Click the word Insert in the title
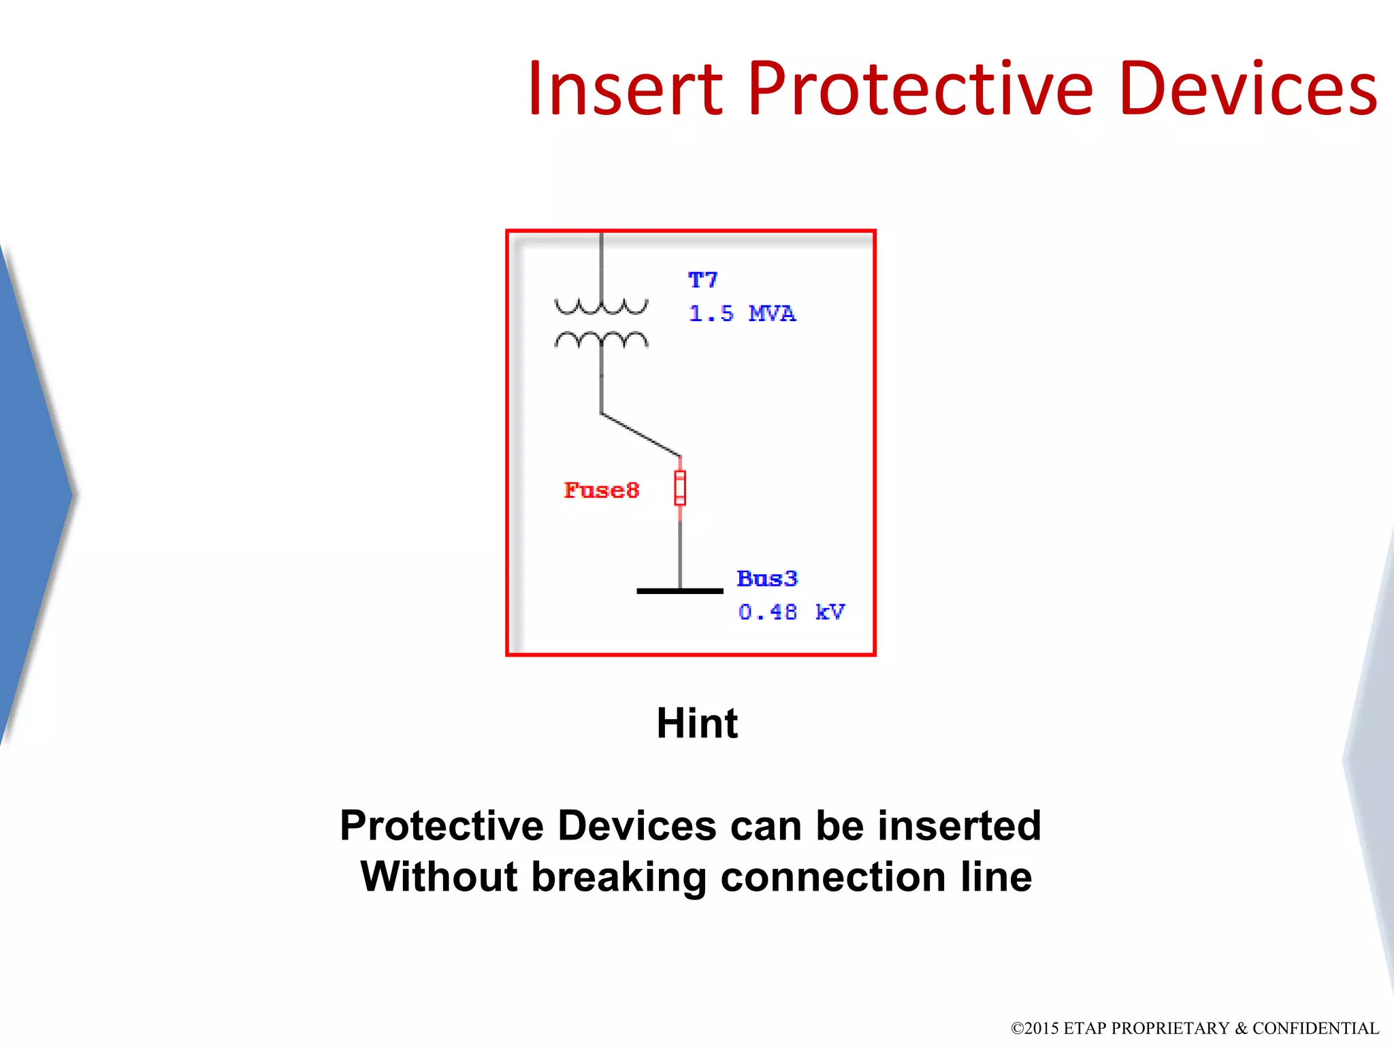tap(624, 89)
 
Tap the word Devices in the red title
tap(1247, 89)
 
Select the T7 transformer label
tap(702, 280)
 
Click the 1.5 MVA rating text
tap(742, 314)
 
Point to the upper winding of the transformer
tap(601, 307)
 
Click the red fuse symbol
tap(680, 488)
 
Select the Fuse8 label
tap(602, 490)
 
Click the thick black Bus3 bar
tap(679, 591)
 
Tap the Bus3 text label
tap(767, 579)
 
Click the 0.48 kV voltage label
tap(792, 612)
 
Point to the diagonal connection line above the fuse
tap(641, 435)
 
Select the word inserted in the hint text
tap(959, 825)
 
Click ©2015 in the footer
tap(1035, 1028)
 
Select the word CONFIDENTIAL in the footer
tap(1315, 1028)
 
